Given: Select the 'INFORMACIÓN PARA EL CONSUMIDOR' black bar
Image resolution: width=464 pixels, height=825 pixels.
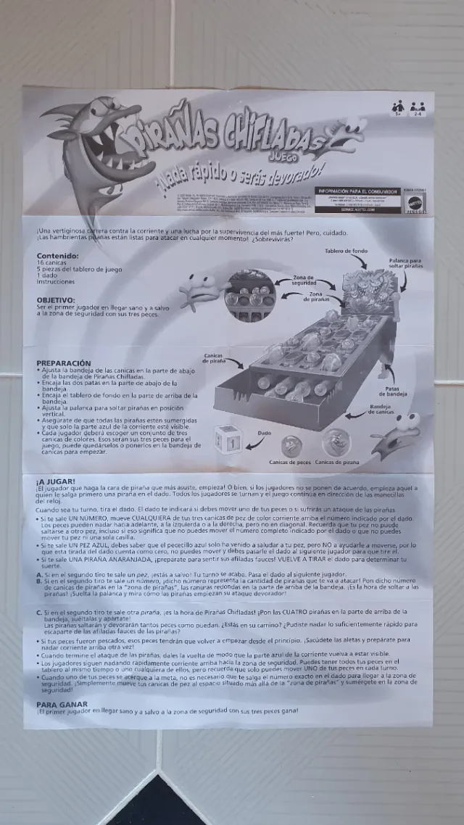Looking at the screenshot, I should click(x=357, y=191).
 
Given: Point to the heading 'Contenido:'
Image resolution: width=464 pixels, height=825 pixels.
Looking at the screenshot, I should click(x=59, y=256).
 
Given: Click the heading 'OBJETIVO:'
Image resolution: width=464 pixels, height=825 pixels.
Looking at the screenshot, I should click(x=56, y=299).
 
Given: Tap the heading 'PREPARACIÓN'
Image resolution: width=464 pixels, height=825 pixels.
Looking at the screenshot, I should click(x=64, y=363).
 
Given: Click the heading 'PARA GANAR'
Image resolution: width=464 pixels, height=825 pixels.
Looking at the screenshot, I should click(x=62, y=704).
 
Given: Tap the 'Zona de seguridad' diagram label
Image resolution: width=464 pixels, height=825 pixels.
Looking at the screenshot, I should click(x=303, y=280).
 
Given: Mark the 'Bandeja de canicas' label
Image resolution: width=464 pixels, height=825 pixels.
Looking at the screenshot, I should click(x=385, y=410).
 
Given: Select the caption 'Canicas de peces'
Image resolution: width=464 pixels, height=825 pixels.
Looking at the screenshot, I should click(x=290, y=462).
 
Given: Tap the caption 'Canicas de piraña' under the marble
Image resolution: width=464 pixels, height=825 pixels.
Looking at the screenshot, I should click(x=337, y=462).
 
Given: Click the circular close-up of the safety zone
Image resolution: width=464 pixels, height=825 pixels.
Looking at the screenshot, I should click(x=250, y=295).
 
